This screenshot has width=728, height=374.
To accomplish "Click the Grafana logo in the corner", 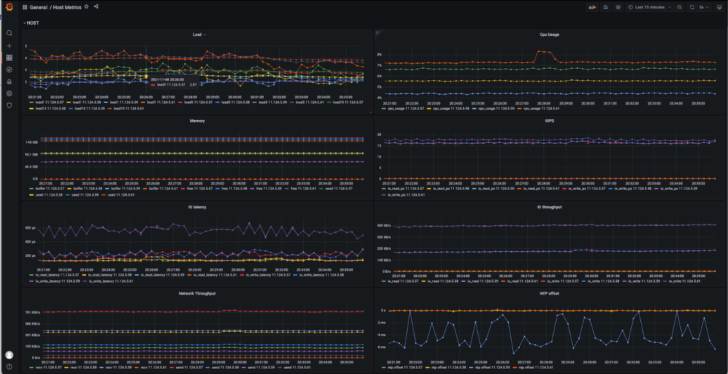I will (x=9, y=7).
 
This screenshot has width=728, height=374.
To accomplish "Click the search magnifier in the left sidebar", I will (x=9, y=33).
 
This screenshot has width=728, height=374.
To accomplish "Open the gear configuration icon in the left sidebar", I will (x=9, y=93).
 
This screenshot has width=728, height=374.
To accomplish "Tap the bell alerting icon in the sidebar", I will (x=9, y=81).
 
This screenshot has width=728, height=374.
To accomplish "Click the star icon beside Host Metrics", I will (x=87, y=7).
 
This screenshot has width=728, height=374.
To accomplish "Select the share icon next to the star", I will (x=96, y=7).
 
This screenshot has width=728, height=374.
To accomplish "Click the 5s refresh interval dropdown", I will (x=701, y=7).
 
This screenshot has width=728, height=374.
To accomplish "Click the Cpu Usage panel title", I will (x=549, y=34).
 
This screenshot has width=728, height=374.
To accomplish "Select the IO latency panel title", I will (x=197, y=207).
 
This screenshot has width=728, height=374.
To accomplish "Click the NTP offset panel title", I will (x=549, y=293).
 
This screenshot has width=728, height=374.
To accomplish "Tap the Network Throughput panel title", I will (x=197, y=293).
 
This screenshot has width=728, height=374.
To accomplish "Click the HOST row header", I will (x=32, y=23).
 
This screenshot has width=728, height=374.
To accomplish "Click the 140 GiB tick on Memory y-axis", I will (x=32, y=142).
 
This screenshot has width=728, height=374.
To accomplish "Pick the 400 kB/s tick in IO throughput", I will (x=385, y=226).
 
